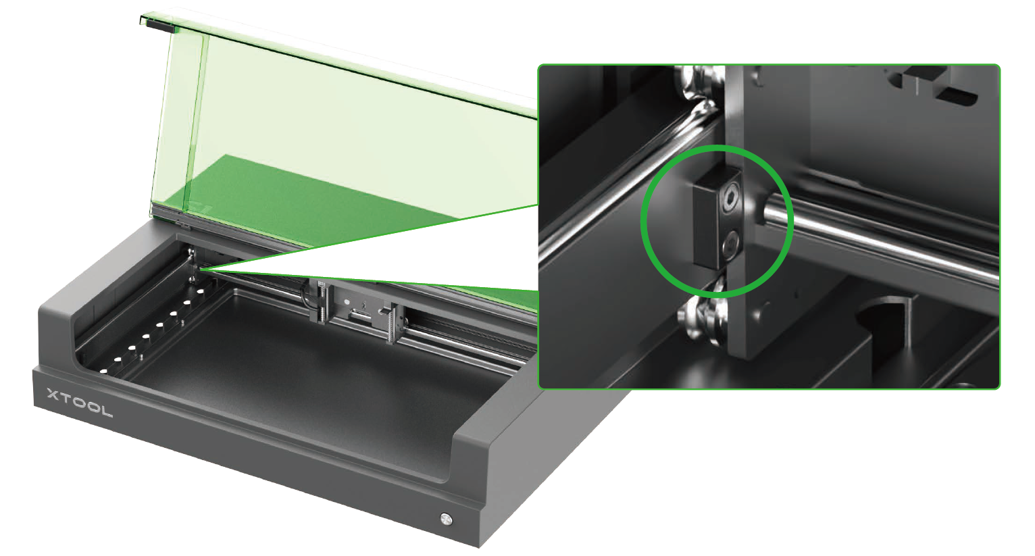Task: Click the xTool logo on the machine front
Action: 80,403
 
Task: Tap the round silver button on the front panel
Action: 446,519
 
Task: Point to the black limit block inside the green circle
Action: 717,219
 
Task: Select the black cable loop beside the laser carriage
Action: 306,299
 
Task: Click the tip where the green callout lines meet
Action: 199,268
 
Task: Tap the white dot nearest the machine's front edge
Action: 104,371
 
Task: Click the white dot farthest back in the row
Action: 201,292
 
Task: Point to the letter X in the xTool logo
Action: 53,395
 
